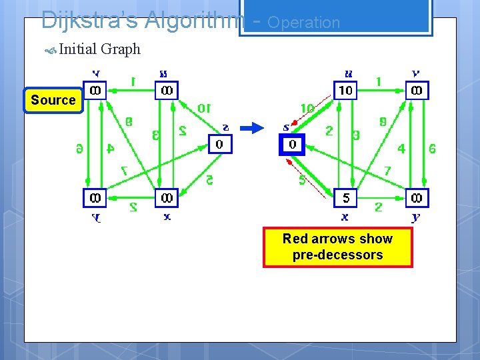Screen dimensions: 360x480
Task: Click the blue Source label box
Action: [x=53, y=101]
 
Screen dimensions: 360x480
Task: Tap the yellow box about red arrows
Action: [x=337, y=247]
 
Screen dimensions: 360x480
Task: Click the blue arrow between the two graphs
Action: [x=252, y=129]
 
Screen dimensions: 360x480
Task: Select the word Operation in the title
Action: [x=303, y=23]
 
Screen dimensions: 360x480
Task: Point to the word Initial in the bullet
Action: [x=77, y=49]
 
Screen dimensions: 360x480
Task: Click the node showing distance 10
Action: [x=345, y=90]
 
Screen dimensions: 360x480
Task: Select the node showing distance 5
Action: [x=345, y=198]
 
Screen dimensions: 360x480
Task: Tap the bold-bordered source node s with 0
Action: [x=291, y=144]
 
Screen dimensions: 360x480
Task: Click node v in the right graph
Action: [x=417, y=90]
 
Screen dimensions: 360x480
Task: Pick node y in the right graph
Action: [x=417, y=198]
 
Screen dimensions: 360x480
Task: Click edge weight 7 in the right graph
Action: [x=388, y=172]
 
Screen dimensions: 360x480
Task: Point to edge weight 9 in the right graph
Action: [x=382, y=122]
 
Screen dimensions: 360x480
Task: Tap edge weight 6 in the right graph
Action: [x=432, y=149]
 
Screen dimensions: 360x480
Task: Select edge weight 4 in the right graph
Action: [x=401, y=149]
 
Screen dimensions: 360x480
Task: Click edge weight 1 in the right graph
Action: [x=379, y=82]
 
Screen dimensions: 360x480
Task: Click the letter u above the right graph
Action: [x=347, y=74]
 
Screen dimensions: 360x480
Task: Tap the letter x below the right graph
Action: [x=345, y=217]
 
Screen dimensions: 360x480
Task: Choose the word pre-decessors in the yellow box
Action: [x=337, y=255]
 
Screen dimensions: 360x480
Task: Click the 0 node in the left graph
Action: [x=220, y=144]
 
